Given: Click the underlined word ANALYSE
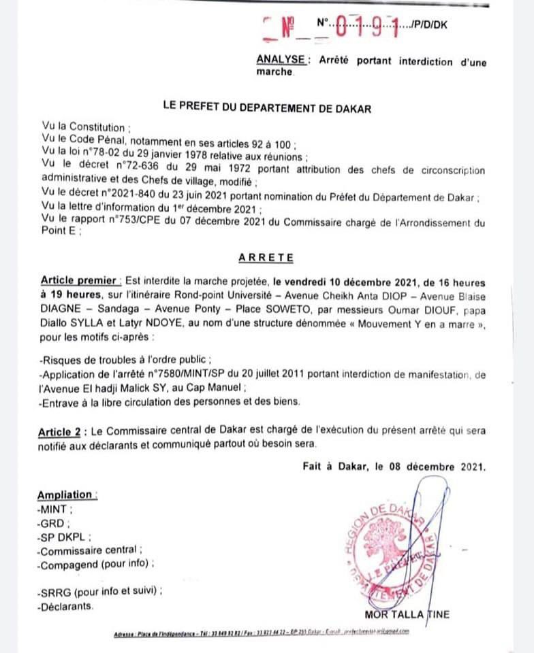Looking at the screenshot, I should click(281, 61).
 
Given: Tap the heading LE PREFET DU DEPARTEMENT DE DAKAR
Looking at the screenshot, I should click(267, 107).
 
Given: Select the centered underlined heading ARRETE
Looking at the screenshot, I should click(266, 258).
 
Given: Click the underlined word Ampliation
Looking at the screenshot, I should click(66, 495).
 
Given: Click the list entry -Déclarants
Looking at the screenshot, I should click(66, 605).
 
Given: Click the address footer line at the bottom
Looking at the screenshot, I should click(262, 632).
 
